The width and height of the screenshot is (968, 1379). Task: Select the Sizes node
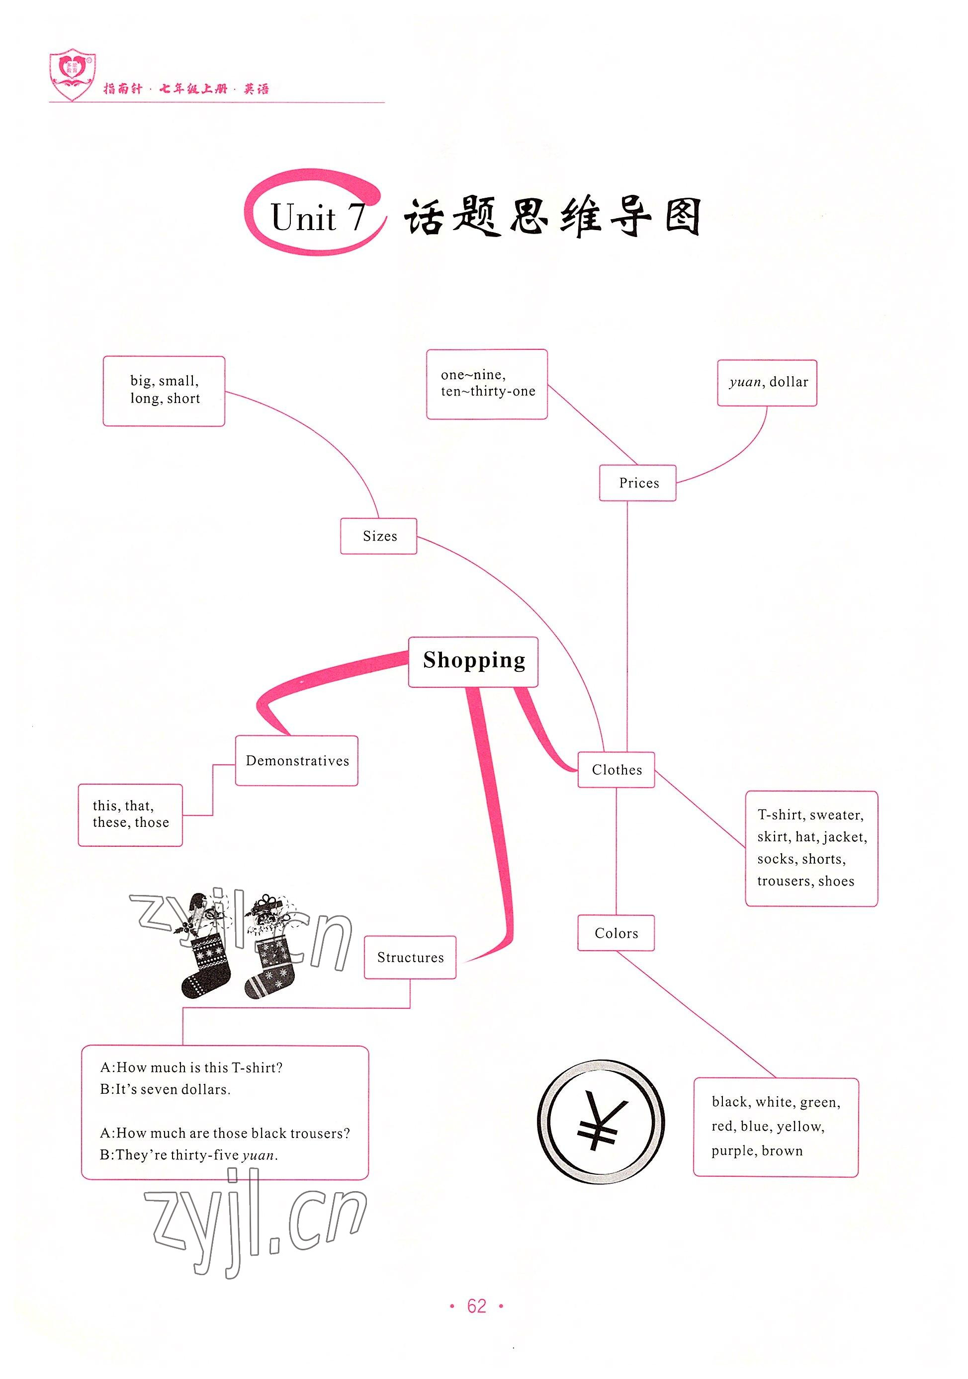click(x=379, y=536)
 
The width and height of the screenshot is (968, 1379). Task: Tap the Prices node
click(x=638, y=483)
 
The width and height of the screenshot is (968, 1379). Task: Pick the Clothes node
click(x=616, y=769)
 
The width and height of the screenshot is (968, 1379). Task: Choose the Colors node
click(x=616, y=933)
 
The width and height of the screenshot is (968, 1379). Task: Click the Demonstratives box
click(x=297, y=760)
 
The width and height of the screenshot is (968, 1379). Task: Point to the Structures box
click(x=410, y=958)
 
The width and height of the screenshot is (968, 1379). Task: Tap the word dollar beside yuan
click(x=789, y=382)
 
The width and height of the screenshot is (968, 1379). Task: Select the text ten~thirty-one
click(x=488, y=392)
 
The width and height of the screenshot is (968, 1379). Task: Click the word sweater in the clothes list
click(x=836, y=815)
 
